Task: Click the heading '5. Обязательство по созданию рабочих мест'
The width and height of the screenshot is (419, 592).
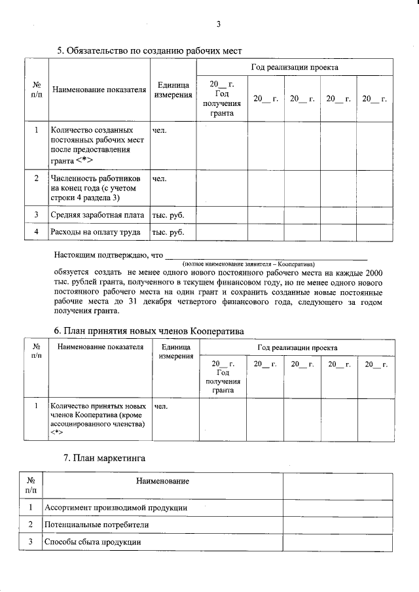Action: pyautogui.click(x=150, y=50)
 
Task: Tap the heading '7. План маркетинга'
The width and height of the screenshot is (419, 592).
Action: pyautogui.click(x=104, y=458)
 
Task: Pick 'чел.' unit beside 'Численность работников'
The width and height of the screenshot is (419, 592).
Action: pyautogui.click(x=159, y=178)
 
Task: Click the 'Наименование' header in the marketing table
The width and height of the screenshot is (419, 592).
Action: pyautogui.click(x=162, y=481)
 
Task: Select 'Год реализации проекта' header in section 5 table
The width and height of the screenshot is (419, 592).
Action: pyautogui.click(x=294, y=67)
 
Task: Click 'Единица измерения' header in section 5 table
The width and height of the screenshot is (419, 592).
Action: pyautogui.click(x=173, y=90)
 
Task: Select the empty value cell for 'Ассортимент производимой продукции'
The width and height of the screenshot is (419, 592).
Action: pyautogui.click(x=338, y=508)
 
